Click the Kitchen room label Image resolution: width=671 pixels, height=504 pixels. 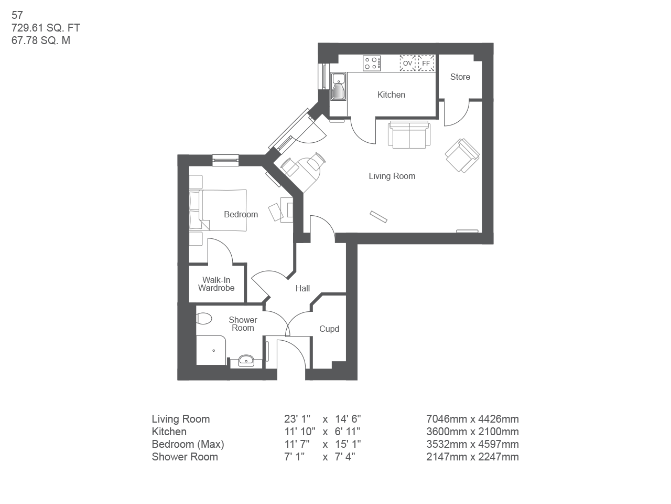391,95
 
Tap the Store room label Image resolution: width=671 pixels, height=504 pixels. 460,77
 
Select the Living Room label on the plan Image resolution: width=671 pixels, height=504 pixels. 392,176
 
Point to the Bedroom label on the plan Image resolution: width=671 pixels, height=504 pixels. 241,214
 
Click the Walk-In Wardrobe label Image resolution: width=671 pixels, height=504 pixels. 216,284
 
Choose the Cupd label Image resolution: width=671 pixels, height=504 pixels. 329,329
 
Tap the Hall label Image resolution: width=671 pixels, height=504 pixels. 302,288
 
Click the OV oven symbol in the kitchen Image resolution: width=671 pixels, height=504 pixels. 407,63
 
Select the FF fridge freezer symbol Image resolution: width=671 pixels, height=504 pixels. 426,63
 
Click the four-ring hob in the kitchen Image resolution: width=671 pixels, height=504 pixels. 372,64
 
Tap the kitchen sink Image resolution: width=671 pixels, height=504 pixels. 338,86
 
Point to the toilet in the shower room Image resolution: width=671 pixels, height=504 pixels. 203,319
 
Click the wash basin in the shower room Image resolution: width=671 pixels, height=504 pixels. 246,361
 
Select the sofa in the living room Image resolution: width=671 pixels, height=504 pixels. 409,134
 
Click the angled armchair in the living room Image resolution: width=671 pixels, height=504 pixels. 462,155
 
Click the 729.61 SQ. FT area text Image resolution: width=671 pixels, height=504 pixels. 46,28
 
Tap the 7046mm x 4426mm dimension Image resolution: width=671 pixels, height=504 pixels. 472,419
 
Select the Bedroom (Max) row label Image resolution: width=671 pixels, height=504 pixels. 188,444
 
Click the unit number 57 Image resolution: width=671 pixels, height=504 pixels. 17,15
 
